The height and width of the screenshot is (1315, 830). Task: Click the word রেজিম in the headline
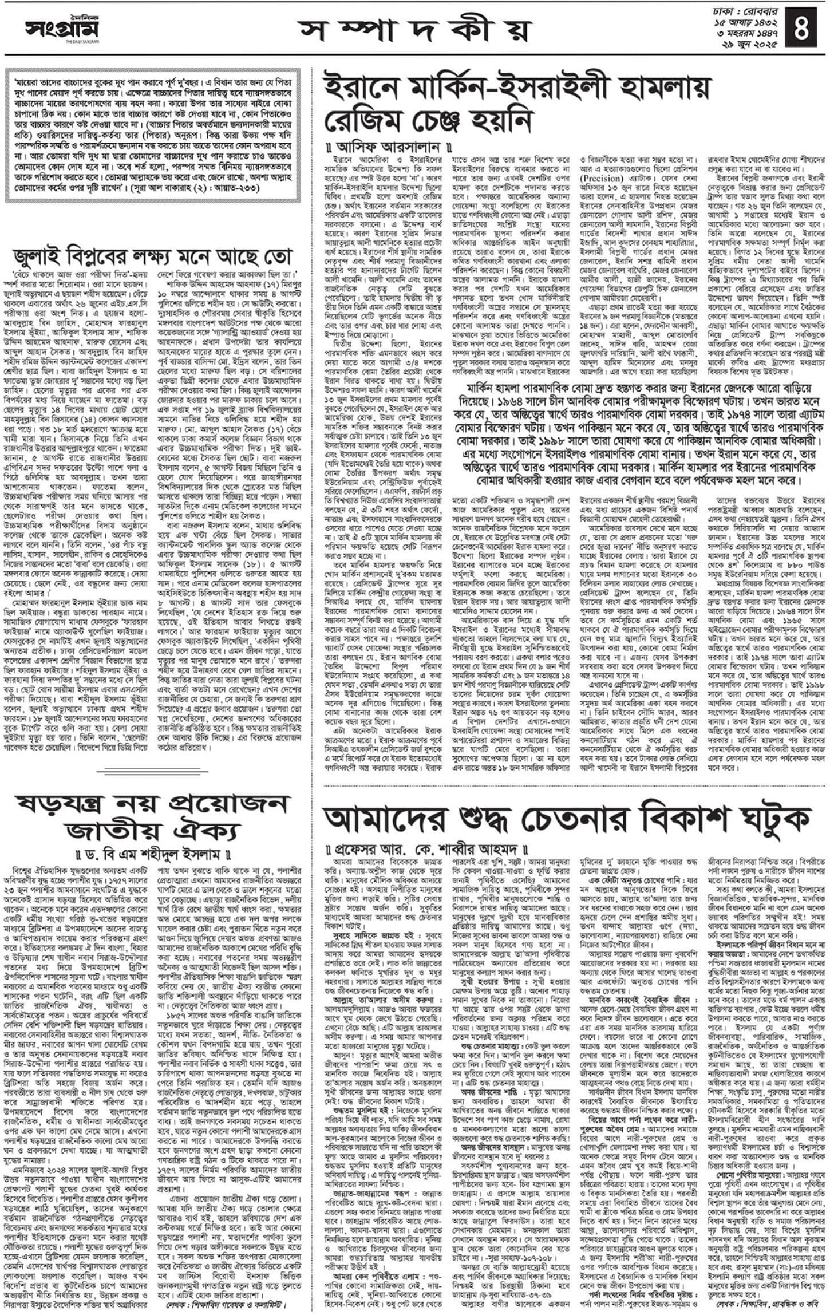pyautogui.click(x=365, y=121)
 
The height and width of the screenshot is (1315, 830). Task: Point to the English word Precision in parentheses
pyautogui.click(x=603, y=179)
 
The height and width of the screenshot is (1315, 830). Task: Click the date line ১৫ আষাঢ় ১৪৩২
pyautogui.click(x=742, y=22)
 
